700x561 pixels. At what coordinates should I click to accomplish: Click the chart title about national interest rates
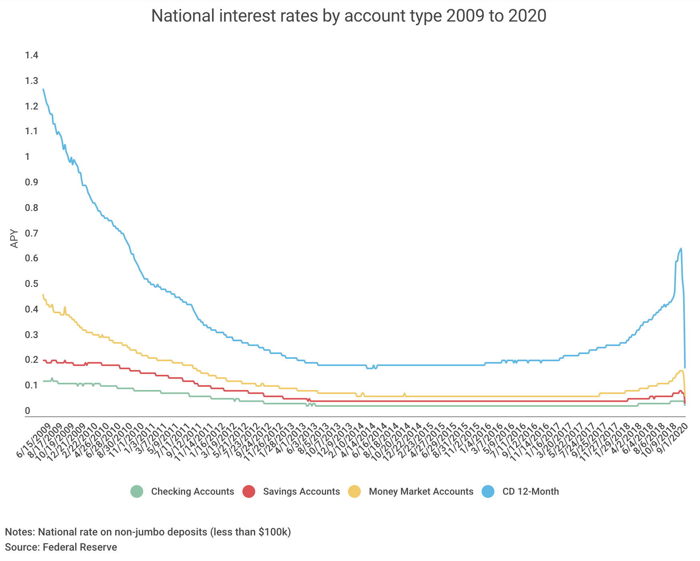(348, 16)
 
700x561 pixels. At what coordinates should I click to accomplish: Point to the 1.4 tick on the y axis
(32, 55)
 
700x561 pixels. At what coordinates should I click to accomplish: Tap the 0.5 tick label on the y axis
(32, 284)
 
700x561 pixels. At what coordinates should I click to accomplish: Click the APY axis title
(14, 238)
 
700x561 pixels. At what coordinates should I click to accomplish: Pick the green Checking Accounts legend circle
(137, 491)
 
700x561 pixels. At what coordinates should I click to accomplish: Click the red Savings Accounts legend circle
(249, 491)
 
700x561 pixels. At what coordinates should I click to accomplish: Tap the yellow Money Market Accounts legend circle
(354, 491)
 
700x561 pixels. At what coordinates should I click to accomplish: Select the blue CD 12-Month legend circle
(488, 491)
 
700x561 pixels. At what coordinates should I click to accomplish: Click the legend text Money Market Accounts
(421, 491)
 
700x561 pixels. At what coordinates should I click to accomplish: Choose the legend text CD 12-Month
(530, 491)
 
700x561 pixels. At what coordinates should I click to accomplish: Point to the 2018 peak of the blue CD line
(681, 249)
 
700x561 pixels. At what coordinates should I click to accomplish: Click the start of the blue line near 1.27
(43, 90)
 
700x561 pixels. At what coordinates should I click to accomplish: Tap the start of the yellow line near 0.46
(43, 295)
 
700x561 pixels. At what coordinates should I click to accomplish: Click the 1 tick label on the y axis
(27, 157)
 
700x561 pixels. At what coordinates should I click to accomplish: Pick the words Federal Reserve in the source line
(80, 547)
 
